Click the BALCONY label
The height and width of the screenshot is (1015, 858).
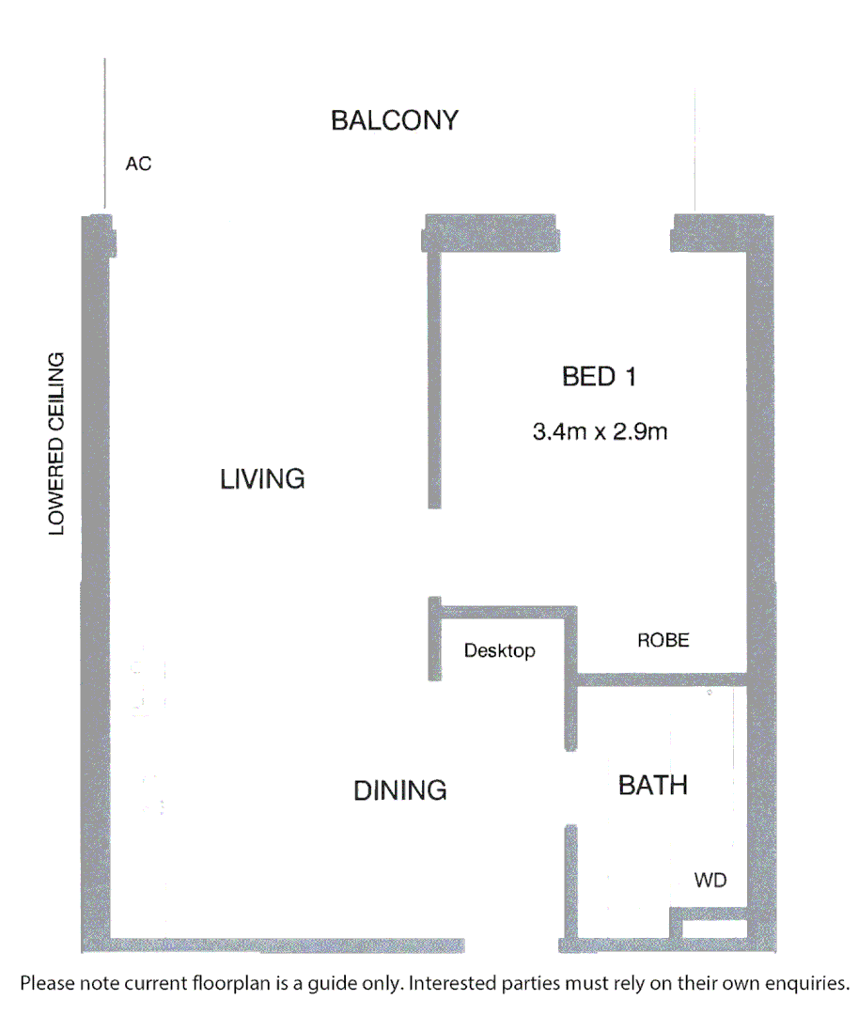click(395, 120)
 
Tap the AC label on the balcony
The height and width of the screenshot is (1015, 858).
click(138, 164)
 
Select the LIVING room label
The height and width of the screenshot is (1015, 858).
click(262, 479)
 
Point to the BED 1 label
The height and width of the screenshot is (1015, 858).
click(600, 377)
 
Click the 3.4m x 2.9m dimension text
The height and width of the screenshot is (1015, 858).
click(600, 433)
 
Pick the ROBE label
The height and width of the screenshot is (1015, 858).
click(663, 641)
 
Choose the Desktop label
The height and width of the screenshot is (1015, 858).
click(500, 650)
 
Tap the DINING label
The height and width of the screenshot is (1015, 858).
click(400, 791)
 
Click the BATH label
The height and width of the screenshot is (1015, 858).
click(653, 785)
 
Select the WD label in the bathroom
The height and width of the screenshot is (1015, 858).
click(710, 882)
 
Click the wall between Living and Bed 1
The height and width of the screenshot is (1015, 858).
click(434, 376)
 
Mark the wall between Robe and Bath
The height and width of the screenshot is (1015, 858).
click(662, 679)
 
